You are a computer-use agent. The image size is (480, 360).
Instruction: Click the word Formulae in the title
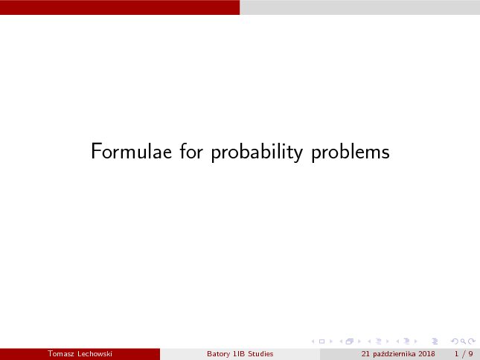pyautogui.click(x=131, y=151)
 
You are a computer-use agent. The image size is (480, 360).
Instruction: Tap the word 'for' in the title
pyautogui.click(x=191, y=150)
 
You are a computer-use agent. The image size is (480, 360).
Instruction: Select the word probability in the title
pyautogui.click(x=257, y=152)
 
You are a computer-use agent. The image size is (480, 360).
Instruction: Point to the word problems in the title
pyautogui.click(x=351, y=152)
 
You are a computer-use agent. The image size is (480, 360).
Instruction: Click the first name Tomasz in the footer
pyautogui.click(x=61, y=354)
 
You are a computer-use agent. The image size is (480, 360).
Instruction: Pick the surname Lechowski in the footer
pyautogui.click(x=95, y=354)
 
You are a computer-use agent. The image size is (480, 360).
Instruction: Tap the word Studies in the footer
pyautogui.click(x=260, y=354)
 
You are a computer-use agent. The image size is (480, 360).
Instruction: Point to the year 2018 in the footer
pyautogui.click(x=426, y=354)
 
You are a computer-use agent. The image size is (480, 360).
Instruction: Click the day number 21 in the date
pyautogui.click(x=365, y=354)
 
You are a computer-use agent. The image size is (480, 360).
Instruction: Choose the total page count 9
pyautogui.click(x=470, y=354)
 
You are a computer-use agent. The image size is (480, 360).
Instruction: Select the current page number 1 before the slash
pyautogui.click(x=456, y=354)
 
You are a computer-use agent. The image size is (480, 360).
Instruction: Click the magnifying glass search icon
pyautogui.click(x=463, y=341)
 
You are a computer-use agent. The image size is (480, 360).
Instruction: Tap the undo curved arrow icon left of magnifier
pyautogui.click(x=455, y=341)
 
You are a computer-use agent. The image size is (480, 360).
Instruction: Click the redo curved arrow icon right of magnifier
pyautogui.click(x=472, y=341)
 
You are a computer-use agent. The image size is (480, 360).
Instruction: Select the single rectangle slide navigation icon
pyautogui.click(x=321, y=341)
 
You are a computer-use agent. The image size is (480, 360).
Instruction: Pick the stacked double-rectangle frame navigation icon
pyautogui.click(x=350, y=341)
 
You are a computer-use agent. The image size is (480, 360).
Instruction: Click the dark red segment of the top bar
pyautogui.click(x=120, y=7)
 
